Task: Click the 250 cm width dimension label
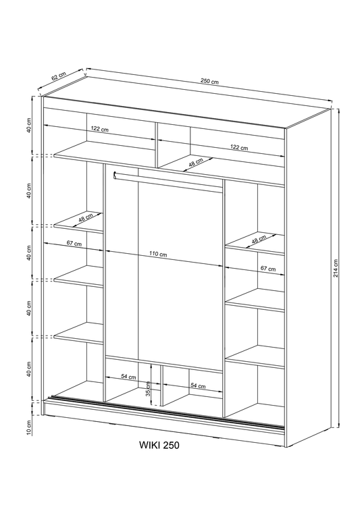[x=210, y=82]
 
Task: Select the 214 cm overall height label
[x=336, y=269]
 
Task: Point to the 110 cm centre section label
[x=159, y=254]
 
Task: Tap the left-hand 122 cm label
[x=100, y=129]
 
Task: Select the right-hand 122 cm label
[x=238, y=147]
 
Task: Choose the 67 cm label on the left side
[x=74, y=244]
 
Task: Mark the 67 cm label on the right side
[x=268, y=269]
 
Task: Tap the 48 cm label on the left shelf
[x=86, y=219]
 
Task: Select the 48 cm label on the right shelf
[x=259, y=240]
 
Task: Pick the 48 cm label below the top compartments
[x=195, y=164]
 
